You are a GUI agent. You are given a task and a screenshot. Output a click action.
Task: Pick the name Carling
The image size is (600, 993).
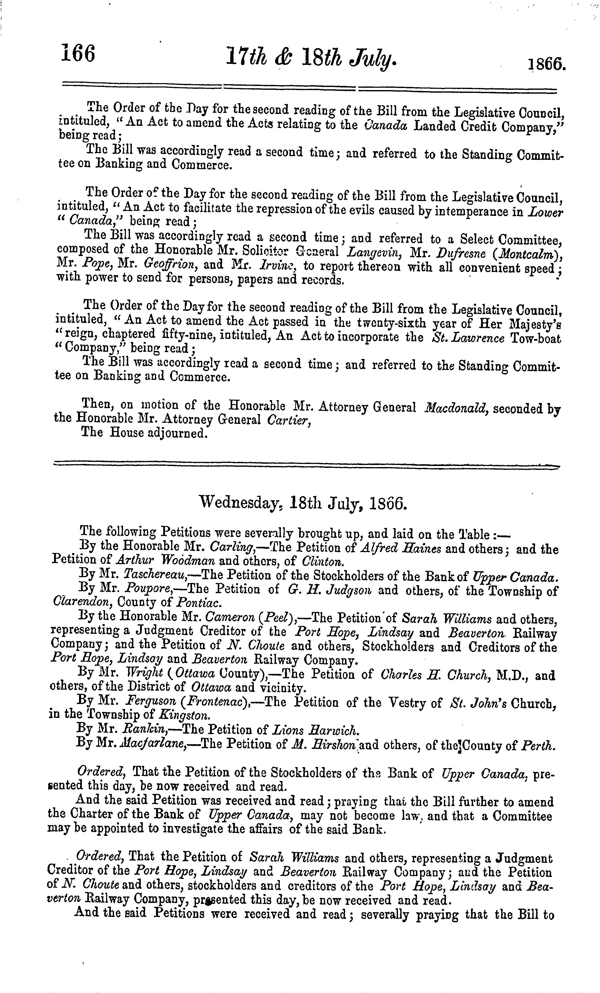tap(231, 549)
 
